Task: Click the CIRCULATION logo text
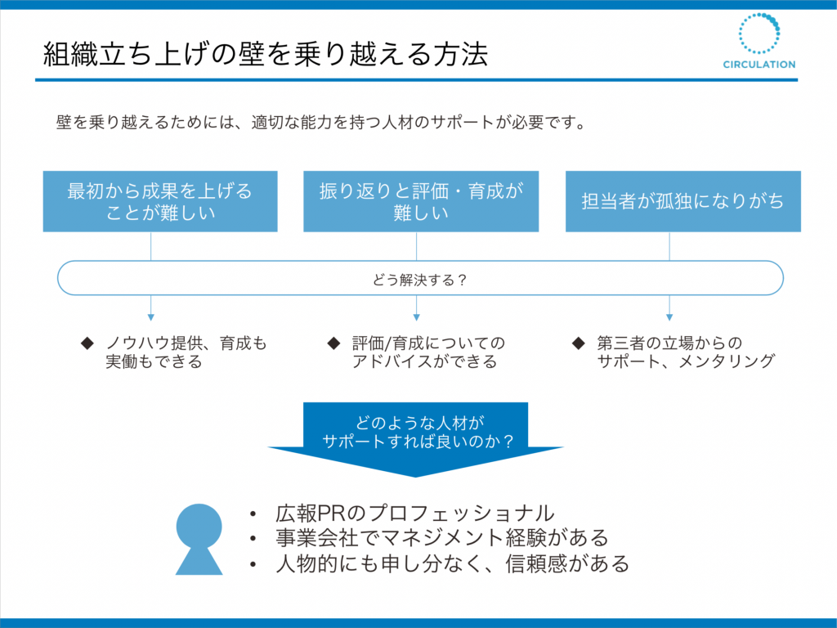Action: coord(759,65)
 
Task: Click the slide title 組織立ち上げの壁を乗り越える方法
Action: coord(266,54)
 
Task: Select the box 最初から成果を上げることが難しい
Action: coord(160,201)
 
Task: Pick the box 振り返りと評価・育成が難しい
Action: coord(421,201)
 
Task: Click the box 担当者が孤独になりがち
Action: coord(683,201)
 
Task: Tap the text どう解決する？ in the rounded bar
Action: coord(419,280)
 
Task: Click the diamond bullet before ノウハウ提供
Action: coord(87,343)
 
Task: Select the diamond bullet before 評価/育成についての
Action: coord(333,343)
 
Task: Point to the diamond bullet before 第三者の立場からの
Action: coord(578,343)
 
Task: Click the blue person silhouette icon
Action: coord(199,539)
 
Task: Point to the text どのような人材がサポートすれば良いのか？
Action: coord(418,432)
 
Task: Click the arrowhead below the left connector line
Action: coord(151,317)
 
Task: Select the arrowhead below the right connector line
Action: coord(669,317)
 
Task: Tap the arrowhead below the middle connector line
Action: coord(416,317)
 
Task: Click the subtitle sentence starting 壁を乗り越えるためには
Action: coord(321,123)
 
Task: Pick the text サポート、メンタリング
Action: coord(686,361)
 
